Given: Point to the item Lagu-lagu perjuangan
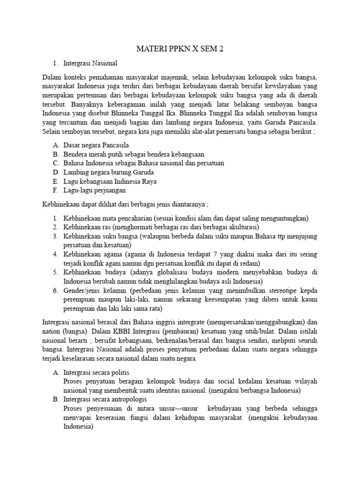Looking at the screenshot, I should click(x=94, y=190).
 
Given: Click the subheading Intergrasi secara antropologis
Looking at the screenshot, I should click(x=105, y=400).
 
